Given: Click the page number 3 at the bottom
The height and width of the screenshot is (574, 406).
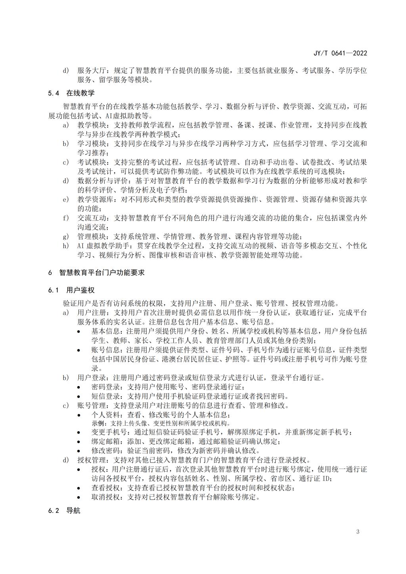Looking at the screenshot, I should tap(358, 532).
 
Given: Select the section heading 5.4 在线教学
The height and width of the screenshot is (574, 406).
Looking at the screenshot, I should tap(71, 93).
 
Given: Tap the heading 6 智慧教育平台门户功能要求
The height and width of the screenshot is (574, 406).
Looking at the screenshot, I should tap(97, 273).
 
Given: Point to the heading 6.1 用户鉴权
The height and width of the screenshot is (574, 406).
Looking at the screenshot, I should tap(71, 291).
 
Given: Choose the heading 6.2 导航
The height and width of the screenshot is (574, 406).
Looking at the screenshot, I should tap(64, 511).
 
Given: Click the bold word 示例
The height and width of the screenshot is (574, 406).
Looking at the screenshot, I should tap(97, 423).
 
